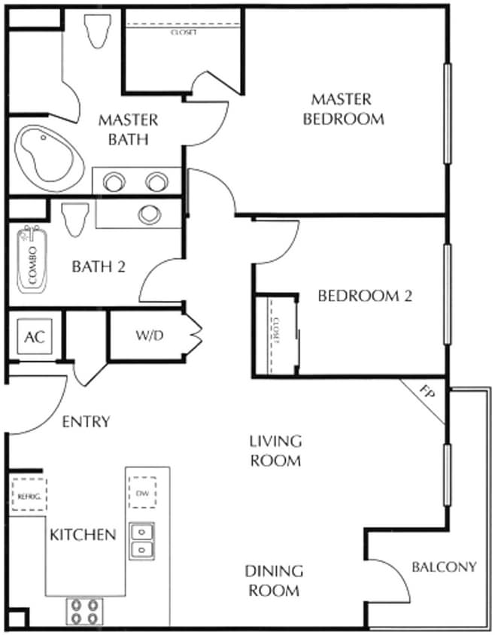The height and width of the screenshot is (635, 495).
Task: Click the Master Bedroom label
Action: click(342, 109)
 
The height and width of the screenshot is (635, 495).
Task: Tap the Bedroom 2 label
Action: click(365, 296)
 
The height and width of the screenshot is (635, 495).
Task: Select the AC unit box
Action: click(35, 336)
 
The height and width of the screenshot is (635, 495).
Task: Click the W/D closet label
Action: click(150, 336)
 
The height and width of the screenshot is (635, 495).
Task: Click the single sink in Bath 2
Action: click(149, 214)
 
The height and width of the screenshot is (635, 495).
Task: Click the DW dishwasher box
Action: click(142, 493)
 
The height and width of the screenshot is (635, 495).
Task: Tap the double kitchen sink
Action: click(141, 541)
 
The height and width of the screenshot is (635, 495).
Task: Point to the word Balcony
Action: click(444, 567)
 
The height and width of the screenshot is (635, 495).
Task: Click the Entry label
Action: click(86, 421)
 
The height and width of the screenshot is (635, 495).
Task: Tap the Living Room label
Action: click(276, 450)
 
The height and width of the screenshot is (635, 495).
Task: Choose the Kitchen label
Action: click(83, 534)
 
